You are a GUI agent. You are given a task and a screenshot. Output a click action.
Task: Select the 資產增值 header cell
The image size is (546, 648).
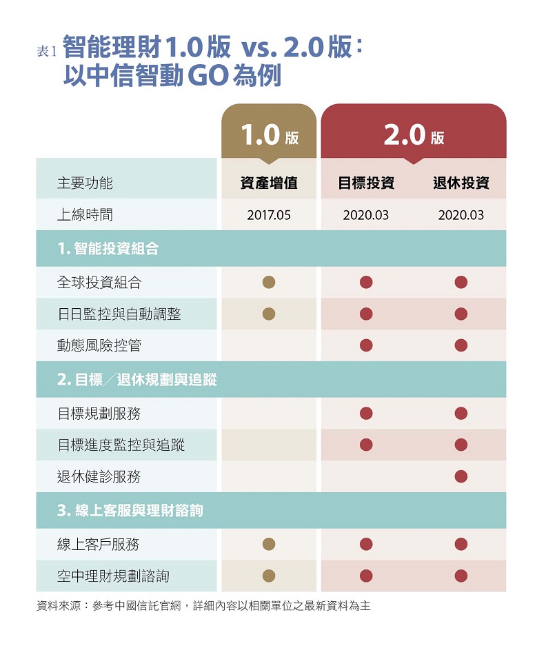tap(269, 183)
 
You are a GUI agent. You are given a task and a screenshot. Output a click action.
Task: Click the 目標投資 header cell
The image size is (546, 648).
tap(366, 183)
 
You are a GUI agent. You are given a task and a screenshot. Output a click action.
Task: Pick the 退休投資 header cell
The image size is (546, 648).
tap(461, 183)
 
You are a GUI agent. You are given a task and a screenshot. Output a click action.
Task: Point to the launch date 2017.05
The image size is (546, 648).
tap(269, 215)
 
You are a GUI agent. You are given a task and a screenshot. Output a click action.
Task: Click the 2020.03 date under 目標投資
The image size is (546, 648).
tap(366, 215)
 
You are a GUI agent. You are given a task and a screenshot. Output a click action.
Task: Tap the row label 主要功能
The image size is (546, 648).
tap(85, 183)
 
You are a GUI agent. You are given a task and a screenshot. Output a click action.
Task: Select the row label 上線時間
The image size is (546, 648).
tap(85, 215)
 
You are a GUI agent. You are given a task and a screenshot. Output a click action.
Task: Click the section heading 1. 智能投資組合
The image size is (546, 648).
tap(108, 249)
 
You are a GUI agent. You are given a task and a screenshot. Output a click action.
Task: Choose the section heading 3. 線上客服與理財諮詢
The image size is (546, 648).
tap(130, 511)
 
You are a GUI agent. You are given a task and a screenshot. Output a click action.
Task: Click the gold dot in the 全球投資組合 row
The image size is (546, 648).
tap(269, 282)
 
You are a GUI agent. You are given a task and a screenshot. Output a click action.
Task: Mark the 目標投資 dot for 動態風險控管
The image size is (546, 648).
tap(366, 345)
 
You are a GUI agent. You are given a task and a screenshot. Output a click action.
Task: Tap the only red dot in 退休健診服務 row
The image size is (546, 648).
tap(461, 476)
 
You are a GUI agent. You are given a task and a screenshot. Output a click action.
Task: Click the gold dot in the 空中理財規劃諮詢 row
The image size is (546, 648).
tap(269, 576)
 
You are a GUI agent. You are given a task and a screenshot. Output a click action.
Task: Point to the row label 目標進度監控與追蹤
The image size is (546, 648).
tap(121, 445)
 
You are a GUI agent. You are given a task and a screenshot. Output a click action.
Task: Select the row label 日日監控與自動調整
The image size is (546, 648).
tap(119, 314)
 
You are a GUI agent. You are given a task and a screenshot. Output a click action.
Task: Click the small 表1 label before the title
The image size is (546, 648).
tap(46, 52)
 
